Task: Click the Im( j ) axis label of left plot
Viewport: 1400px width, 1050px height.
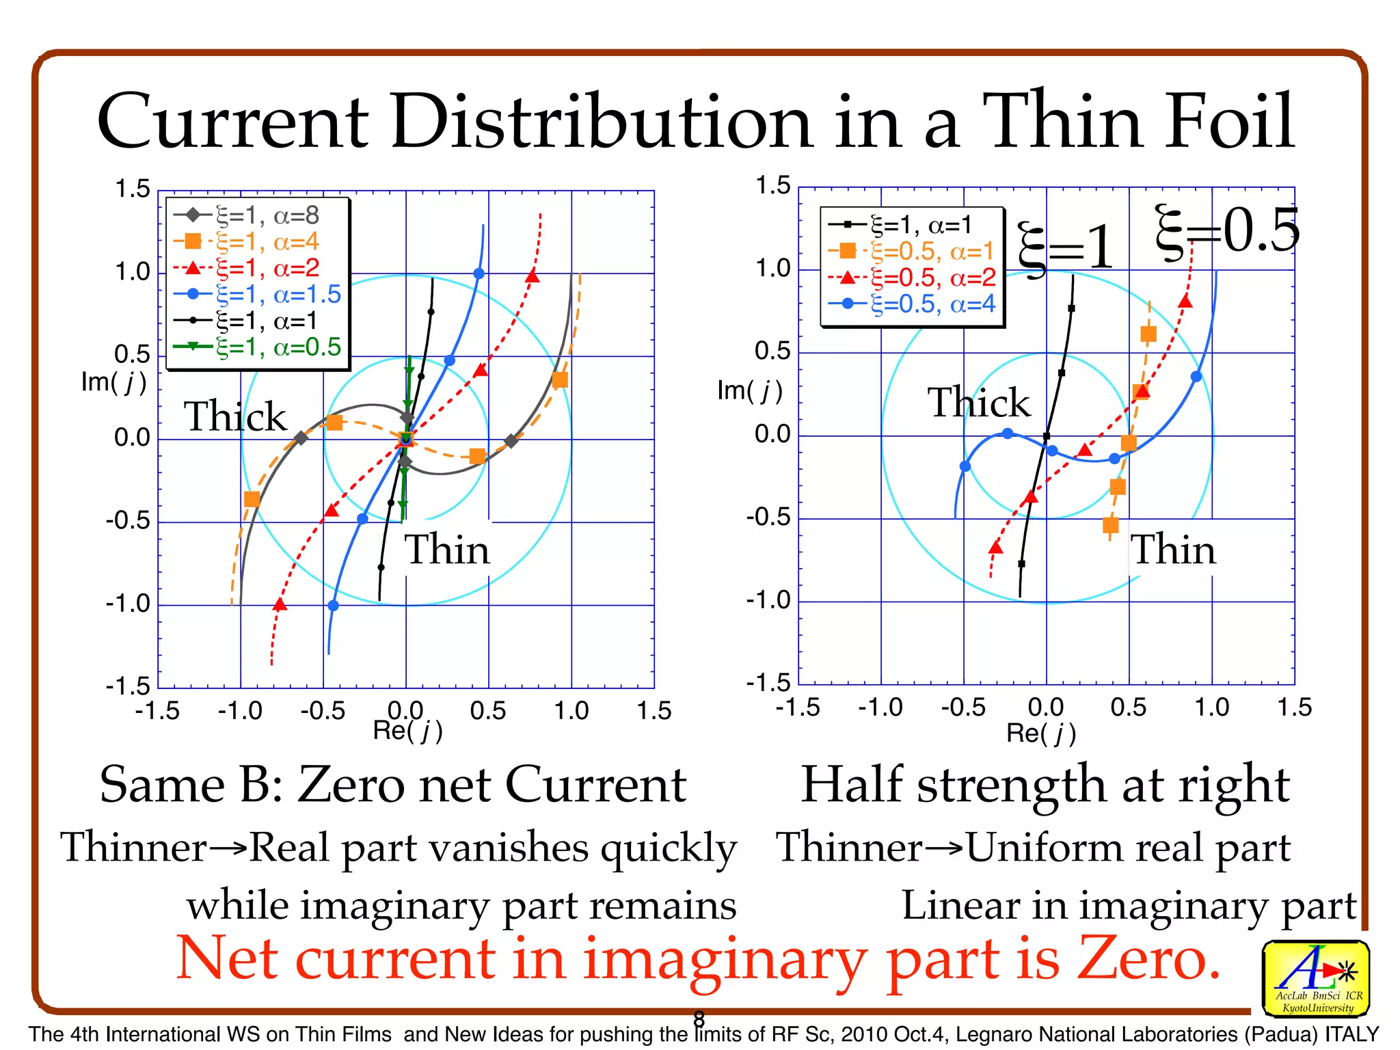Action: pyautogui.click(x=113, y=382)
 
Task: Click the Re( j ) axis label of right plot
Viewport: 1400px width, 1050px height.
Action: pyautogui.click(x=1040, y=733)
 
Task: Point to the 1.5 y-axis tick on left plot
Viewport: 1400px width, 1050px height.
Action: pyautogui.click(x=132, y=189)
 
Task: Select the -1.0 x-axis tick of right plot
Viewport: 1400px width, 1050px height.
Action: pyautogui.click(x=880, y=708)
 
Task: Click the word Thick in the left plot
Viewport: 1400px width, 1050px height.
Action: pyautogui.click(x=235, y=416)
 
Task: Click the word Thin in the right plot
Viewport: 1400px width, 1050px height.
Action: pyautogui.click(x=1173, y=550)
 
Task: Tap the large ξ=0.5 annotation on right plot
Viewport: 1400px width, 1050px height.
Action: pyautogui.click(x=1226, y=231)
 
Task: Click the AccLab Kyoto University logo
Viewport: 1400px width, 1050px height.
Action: pyautogui.click(x=1315, y=978)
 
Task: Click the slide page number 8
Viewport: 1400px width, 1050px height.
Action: pyautogui.click(x=699, y=1019)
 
